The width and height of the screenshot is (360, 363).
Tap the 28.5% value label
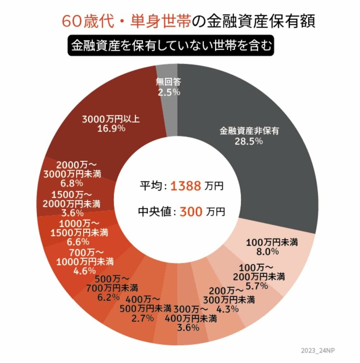pos(250,141)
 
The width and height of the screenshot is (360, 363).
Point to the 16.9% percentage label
pos(111,128)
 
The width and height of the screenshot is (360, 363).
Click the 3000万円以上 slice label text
pos(111,119)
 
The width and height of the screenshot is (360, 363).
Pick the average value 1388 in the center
pos(186,186)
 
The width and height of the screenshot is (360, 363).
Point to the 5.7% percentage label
pos(258,286)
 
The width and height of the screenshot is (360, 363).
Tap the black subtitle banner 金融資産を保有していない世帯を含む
pos(171,45)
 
